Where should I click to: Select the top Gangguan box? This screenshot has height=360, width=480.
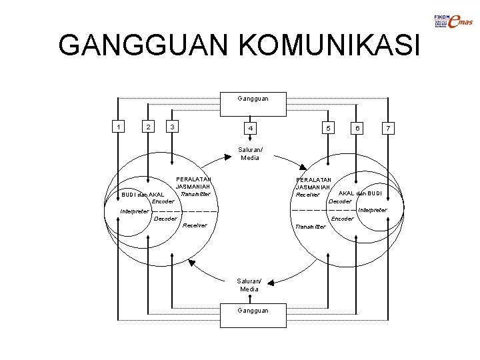[x=253, y=99]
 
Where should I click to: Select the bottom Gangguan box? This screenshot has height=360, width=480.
[x=253, y=311]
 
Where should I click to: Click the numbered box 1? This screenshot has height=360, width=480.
[x=118, y=127]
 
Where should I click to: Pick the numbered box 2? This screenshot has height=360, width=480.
[x=148, y=127]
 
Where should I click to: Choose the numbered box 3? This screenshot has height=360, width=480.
[x=173, y=127]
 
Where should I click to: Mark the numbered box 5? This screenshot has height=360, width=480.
[x=327, y=127]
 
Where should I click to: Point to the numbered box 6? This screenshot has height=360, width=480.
[x=357, y=127]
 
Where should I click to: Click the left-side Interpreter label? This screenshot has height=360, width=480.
[x=135, y=212]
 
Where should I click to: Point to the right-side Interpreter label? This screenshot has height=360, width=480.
[x=372, y=210]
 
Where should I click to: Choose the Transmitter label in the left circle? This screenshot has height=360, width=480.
[x=195, y=194]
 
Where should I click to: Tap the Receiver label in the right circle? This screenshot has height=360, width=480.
[x=308, y=195]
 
